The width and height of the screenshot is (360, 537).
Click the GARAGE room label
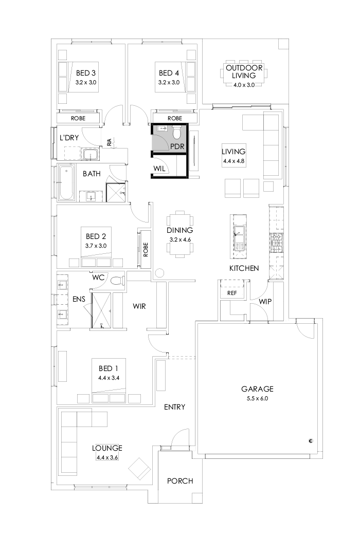click(258, 389)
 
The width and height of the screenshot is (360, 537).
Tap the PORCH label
click(180, 481)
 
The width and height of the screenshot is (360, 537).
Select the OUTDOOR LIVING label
click(244, 71)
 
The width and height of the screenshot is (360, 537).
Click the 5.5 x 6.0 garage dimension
click(258, 398)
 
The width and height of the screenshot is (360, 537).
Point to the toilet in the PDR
click(177, 134)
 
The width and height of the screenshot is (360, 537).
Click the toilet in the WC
click(117, 281)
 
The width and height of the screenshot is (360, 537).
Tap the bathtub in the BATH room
click(66, 183)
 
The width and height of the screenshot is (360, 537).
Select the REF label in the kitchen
click(231, 293)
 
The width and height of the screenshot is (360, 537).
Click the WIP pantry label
click(265, 302)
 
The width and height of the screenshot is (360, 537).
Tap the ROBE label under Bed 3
click(78, 118)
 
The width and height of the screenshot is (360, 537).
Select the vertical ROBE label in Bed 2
click(146, 250)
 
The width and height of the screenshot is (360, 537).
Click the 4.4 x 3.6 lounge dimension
click(107, 457)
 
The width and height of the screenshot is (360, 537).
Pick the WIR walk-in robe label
click(139, 307)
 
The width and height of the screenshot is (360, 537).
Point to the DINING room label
click(179, 231)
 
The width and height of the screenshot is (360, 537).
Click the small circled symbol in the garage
click(311, 440)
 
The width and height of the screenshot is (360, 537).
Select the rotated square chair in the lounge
click(139, 468)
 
